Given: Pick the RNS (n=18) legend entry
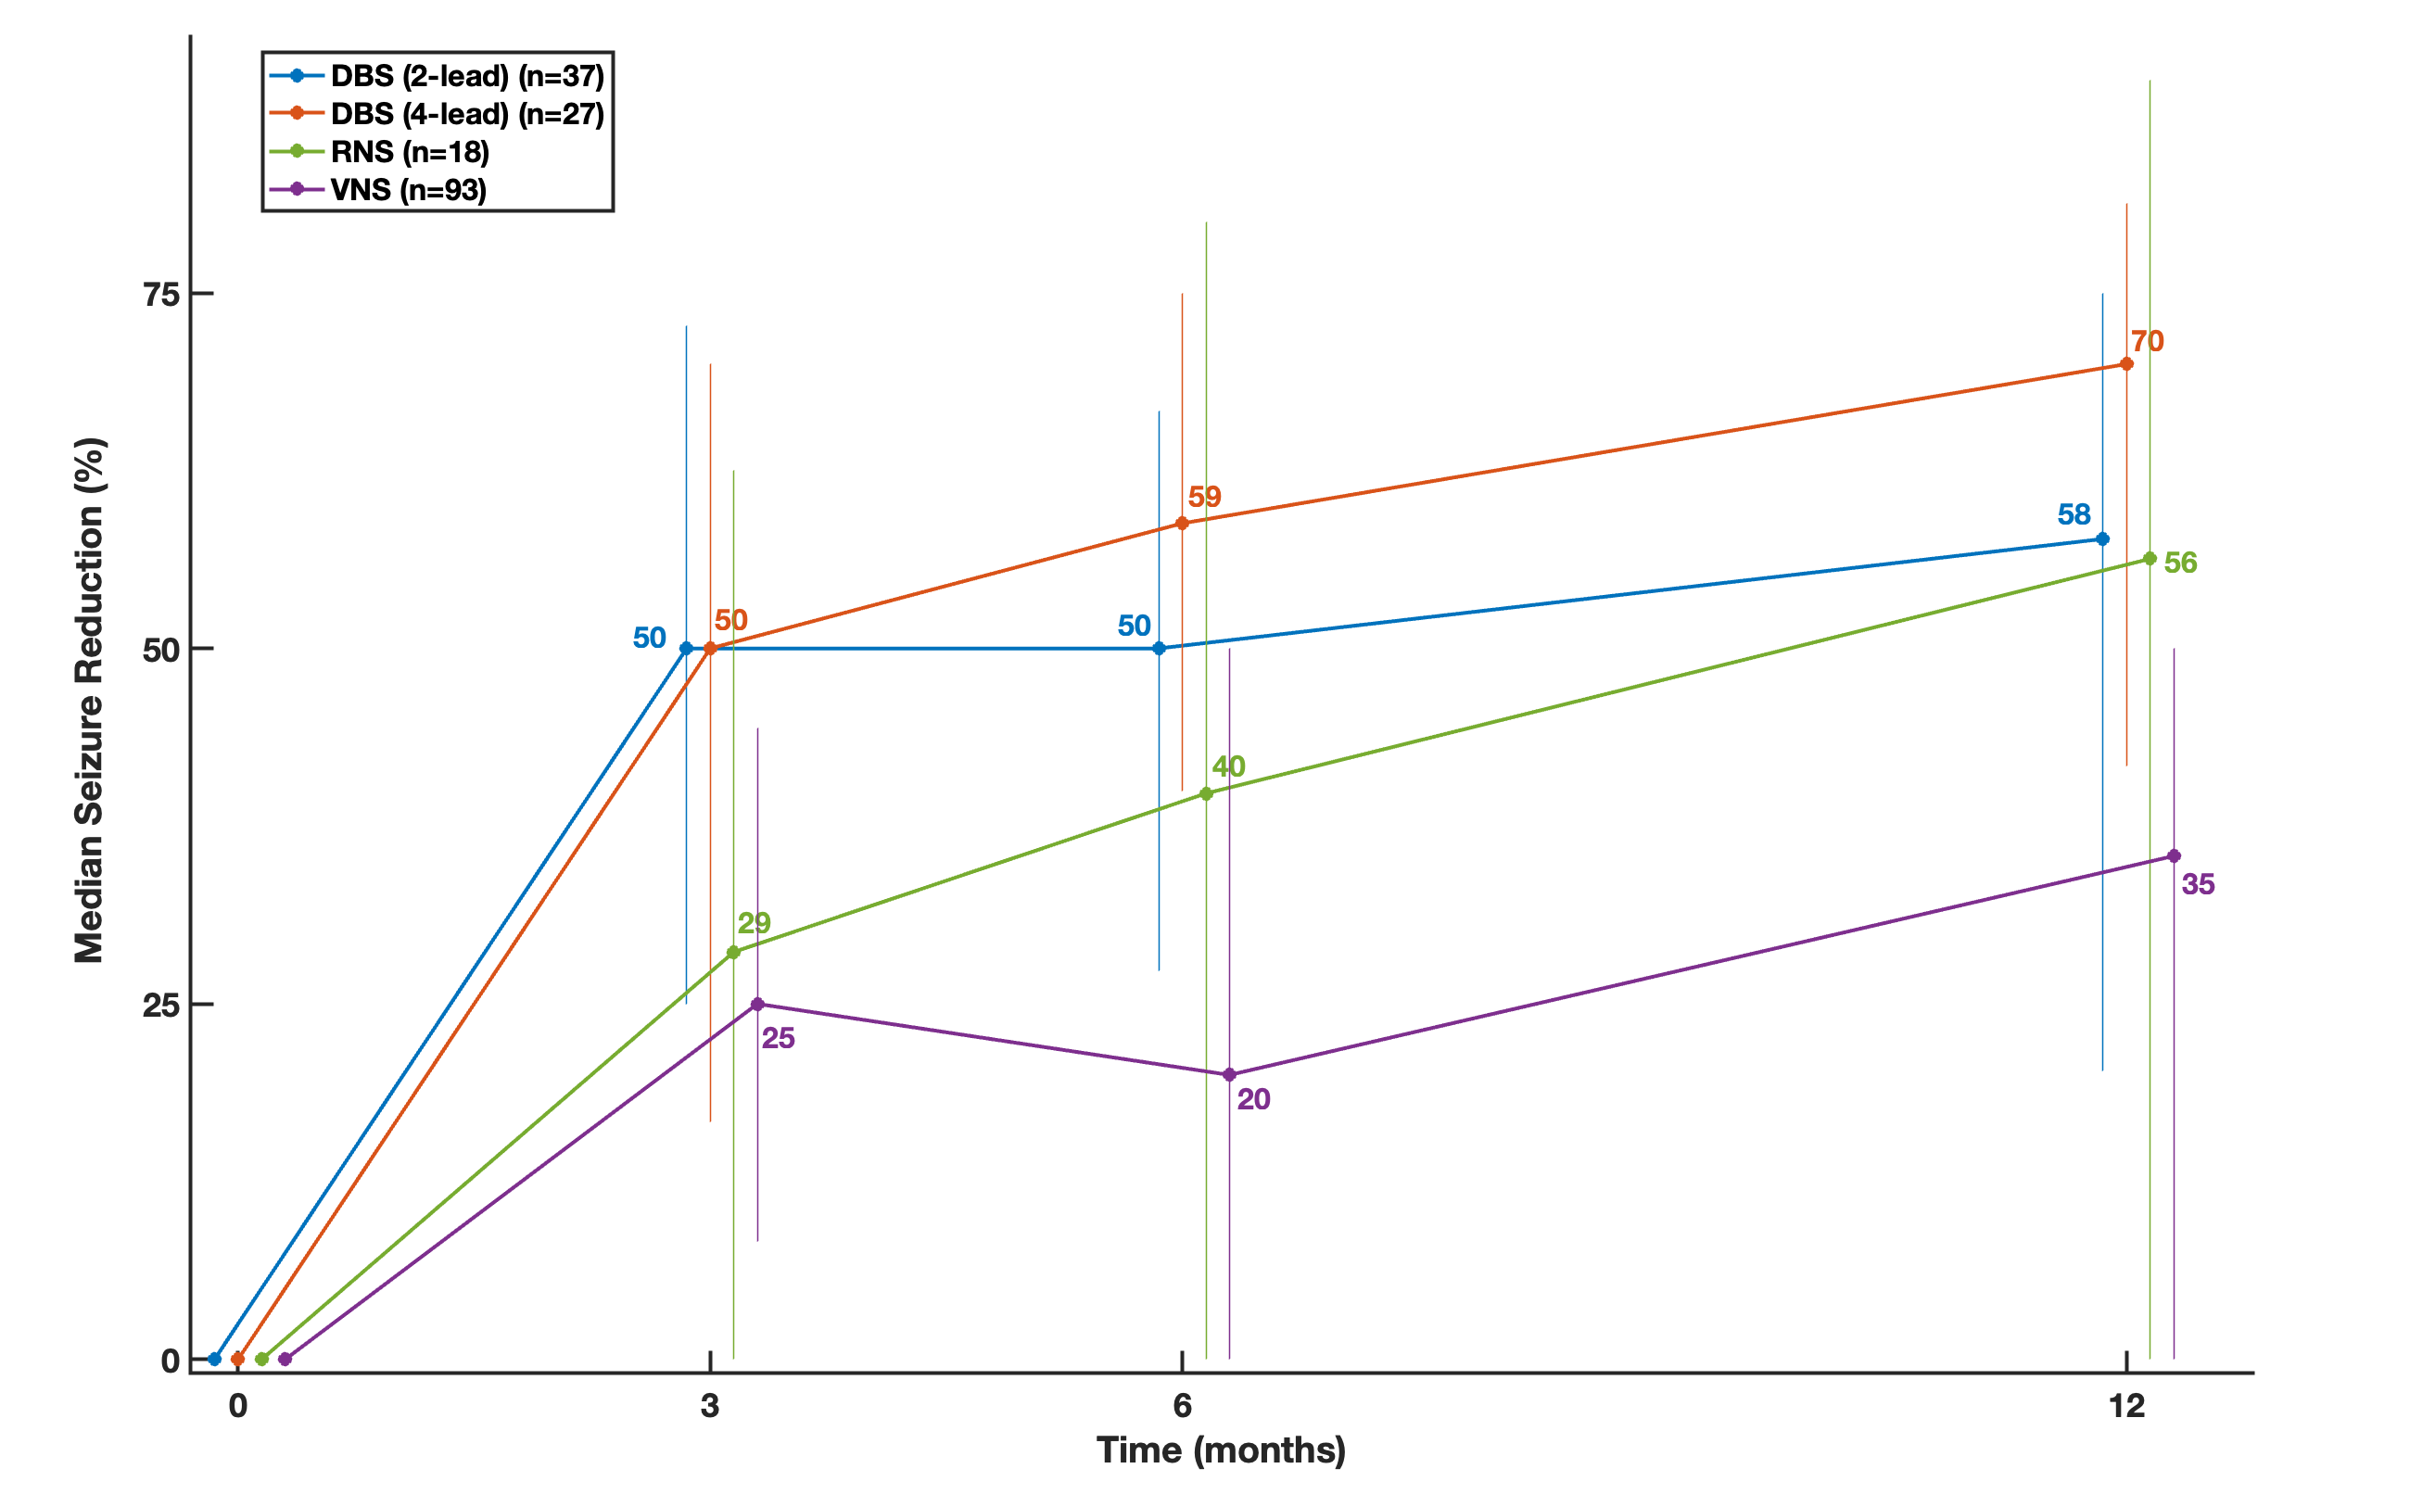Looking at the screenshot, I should click(409, 152).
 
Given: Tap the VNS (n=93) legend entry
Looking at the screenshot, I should click(408, 190).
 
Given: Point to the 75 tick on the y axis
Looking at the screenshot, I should click(161, 295).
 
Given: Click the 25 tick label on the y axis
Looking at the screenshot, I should click(161, 1006).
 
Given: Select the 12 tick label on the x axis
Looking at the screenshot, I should click(2126, 1406).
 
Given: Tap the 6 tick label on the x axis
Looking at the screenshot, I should click(1182, 1406).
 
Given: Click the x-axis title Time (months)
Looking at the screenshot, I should click(1221, 1450).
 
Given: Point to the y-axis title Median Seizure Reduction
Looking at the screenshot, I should click(89, 700).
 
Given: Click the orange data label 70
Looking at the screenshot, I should click(2147, 342).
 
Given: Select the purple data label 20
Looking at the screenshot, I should click(1253, 1100).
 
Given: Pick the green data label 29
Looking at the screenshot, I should click(754, 923).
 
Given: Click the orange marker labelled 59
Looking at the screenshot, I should click(1182, 524).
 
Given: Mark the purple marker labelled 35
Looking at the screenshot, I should click(2174, 855).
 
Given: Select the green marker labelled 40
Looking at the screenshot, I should click(1206, 793).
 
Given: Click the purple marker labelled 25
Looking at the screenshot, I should click(758, 1005).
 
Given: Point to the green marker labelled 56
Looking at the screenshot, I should click(2150, 559).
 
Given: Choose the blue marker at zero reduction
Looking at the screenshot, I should click(214, 1360).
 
